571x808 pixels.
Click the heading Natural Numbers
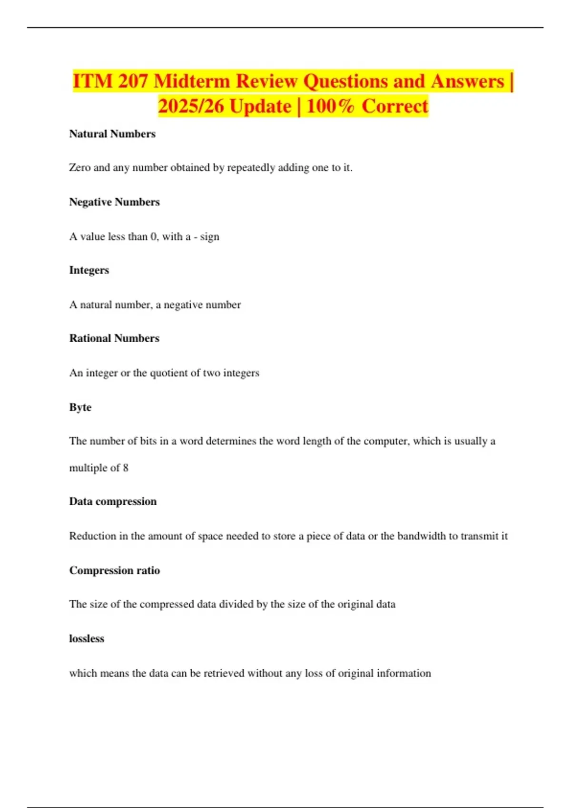click(x=112, y=134)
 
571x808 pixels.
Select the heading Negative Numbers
click(x=114, y=202)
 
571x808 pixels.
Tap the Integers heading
click(x=89, y=270)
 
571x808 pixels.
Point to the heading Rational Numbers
click(x=114, y=338)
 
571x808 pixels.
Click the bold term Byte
click(x=80, y=407)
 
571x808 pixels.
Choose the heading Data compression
click(x=113, y=501)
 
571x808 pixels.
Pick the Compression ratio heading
click(x=114, y=570)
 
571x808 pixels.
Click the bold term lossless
click(x=87, y=639)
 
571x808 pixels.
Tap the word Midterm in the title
click(x=192, y=81)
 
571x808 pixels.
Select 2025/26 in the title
click(x=191, y=106)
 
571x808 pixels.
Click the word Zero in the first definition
click(x=79, y=168)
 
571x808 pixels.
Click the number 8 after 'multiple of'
click(x=126, y=468)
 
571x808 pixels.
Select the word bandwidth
click(x=422, y=536)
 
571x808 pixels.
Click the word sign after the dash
click(x=209, y=237)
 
